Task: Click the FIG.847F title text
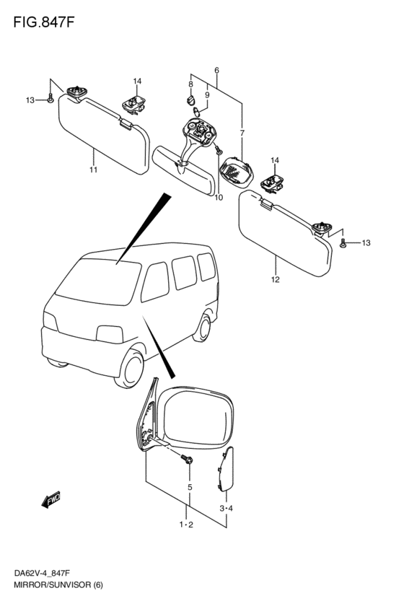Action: tap(43, 22)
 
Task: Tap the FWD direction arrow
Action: tap(51, 499)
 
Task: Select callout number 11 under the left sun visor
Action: tap(93, 170)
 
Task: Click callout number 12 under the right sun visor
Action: tap(275, 279)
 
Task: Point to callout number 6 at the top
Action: tap(216, 71)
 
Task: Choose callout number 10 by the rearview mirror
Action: tap(219, 198)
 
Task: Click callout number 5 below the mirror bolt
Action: tap(190, 488)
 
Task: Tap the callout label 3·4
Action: tap(227, 509)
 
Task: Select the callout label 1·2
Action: tap(186, 525)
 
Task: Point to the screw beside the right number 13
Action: tap(343, 243)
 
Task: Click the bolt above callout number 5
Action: tap(186, 459)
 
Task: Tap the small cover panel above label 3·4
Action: tap(226, 469)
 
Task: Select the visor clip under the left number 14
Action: tap(133, 104)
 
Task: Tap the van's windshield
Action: tap(98, 281)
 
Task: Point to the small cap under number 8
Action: tap(190, 100)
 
